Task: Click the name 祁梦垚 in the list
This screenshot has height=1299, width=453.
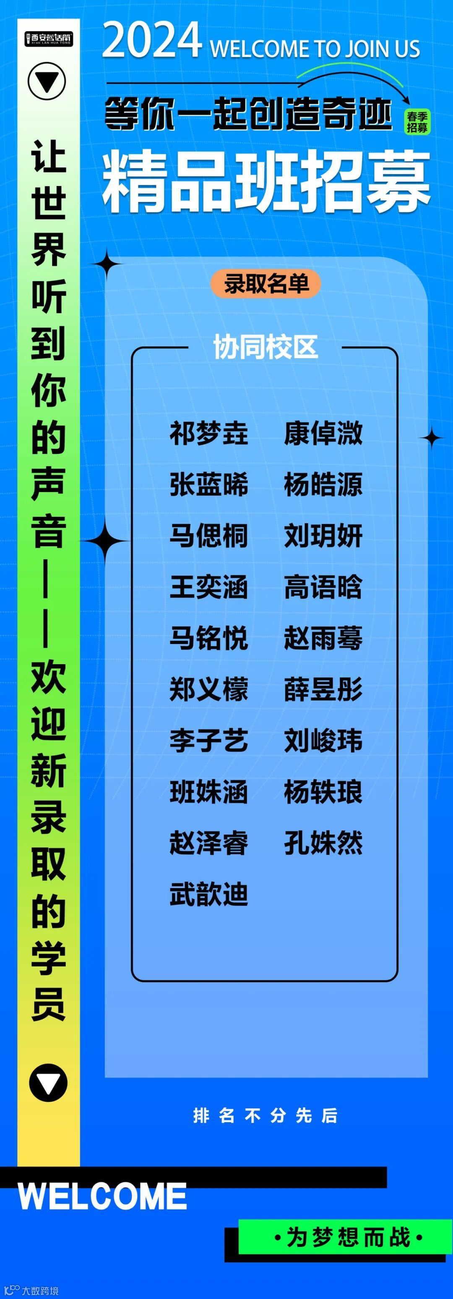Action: click(208, 433)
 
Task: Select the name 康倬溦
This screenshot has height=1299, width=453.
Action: click(323, 433)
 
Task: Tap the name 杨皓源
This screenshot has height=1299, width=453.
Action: click(323, 485)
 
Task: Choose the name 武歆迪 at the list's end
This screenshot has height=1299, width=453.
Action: click(208, 894)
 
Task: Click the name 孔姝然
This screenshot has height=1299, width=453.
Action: click(323, 843)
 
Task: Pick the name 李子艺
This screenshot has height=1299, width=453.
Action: click(208, 740)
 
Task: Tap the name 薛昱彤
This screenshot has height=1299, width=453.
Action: click(323, 689)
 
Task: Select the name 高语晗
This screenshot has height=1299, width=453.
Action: click(323, 587)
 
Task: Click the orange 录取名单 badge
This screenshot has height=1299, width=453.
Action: click(266, 284)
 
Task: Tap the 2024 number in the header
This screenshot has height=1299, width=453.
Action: click(152, 42)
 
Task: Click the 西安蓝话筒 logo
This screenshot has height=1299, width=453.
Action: click(49, 38)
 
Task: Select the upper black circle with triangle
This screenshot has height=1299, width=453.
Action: click(47, 81)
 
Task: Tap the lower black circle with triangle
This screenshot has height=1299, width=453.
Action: click(48, 1082)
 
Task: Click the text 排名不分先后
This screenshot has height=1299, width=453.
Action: click(266, 1116)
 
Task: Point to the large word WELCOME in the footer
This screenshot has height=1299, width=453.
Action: click(102, 1197)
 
